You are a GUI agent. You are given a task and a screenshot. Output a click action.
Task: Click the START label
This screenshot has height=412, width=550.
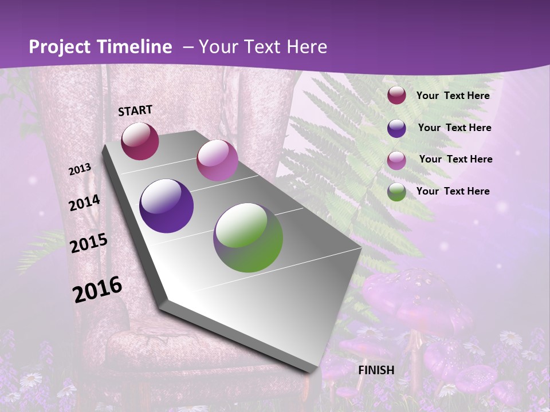135,110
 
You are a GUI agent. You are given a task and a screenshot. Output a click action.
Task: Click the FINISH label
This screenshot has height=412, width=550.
376,370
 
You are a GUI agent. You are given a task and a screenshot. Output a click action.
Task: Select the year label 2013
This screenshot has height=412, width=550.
80,169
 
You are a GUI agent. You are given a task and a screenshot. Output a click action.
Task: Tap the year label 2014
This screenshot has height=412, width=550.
84,203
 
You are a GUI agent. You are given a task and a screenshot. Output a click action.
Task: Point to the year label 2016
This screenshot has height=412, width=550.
97,290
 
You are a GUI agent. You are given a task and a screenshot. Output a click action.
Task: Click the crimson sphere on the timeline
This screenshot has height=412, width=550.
140,141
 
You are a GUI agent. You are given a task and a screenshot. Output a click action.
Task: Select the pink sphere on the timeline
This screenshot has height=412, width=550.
217,160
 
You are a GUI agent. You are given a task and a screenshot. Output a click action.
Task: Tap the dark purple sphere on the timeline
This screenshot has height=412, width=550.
166,206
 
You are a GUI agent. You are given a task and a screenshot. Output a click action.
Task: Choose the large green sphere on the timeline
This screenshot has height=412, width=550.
248,237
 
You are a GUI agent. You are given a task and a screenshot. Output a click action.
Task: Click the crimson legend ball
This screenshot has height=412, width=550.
396,96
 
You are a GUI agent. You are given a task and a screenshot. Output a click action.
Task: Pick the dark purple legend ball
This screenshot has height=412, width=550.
396,128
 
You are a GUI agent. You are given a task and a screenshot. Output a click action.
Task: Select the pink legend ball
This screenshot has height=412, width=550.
396,160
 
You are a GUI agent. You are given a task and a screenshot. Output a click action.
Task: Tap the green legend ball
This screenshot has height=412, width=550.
396,192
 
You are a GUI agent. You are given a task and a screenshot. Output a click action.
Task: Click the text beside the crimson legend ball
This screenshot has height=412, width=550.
453,96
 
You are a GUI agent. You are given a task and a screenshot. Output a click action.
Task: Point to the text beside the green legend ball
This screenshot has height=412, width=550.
453,191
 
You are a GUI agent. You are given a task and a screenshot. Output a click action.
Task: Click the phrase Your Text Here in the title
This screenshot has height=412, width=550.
263,47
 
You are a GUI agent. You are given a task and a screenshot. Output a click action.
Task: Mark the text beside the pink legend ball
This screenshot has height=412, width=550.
455,159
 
